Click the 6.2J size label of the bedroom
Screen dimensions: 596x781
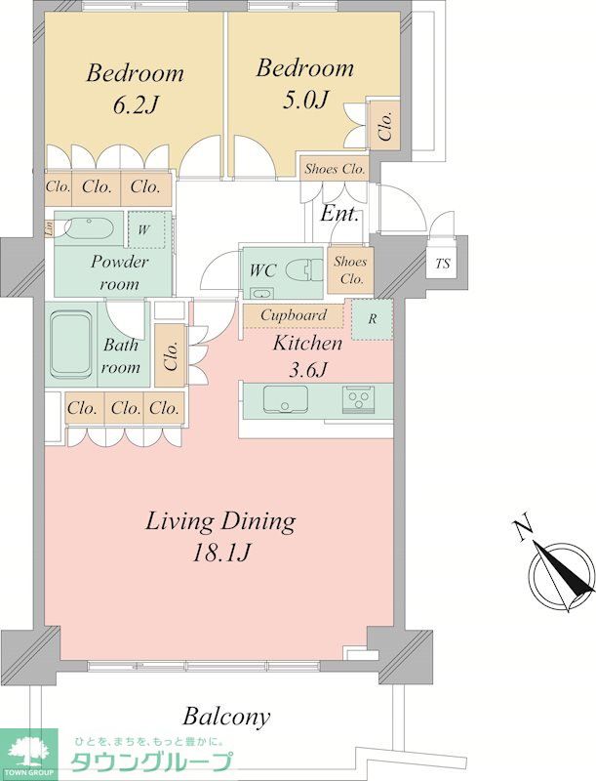tap(136, 105)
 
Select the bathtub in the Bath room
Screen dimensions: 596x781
tap(70, 346)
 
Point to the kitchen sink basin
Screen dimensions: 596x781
tap(285, 399)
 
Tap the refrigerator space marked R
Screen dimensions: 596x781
tap(372, 319)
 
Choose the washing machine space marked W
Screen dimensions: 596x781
tap(146, 229)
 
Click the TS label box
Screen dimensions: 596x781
tap(442, 263)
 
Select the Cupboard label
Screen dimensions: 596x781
tap(294, 315)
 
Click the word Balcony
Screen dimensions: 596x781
tap(226, 717)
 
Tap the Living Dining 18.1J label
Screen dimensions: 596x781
tap(220, 536)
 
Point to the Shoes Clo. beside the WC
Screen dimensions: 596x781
tap(351, 270)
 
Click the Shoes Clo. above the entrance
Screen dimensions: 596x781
tap(335, 169)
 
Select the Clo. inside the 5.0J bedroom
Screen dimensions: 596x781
tap(384, 125)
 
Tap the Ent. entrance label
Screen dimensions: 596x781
tap(339, 214)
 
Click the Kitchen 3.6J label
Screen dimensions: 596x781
tap(307, 355)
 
